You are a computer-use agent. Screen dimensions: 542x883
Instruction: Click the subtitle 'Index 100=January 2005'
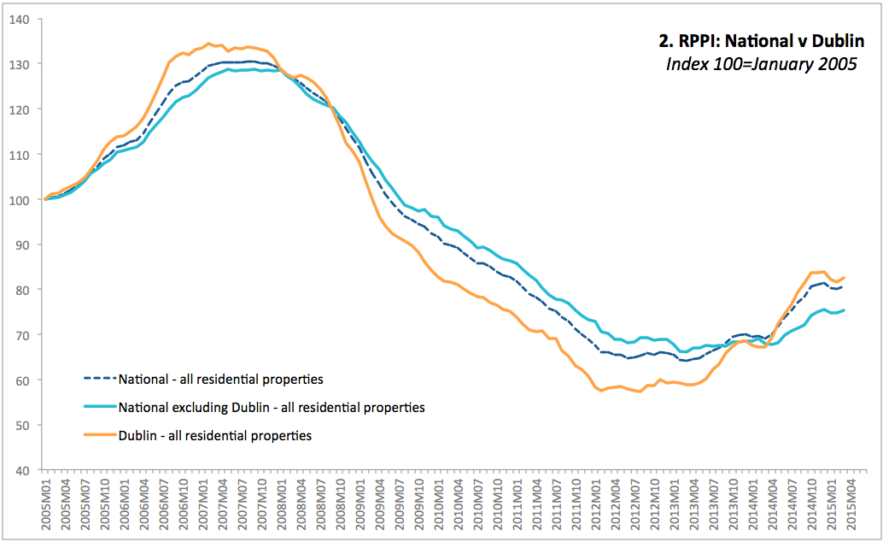pos(761,65)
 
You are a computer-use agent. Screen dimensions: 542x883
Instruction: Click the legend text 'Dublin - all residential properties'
pos(215,436)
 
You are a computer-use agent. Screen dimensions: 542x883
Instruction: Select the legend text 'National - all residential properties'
pos(221,379)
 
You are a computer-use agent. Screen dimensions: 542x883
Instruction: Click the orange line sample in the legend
pos(98,436)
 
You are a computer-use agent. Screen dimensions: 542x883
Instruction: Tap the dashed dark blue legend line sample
pos(98,379)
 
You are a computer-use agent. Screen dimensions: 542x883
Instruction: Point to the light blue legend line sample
pos(98,408)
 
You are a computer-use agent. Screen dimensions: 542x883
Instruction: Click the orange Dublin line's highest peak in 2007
pos(208,44)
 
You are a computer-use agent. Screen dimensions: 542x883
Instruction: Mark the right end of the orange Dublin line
pos(845,277)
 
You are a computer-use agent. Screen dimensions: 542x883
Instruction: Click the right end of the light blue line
pos(845,310)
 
